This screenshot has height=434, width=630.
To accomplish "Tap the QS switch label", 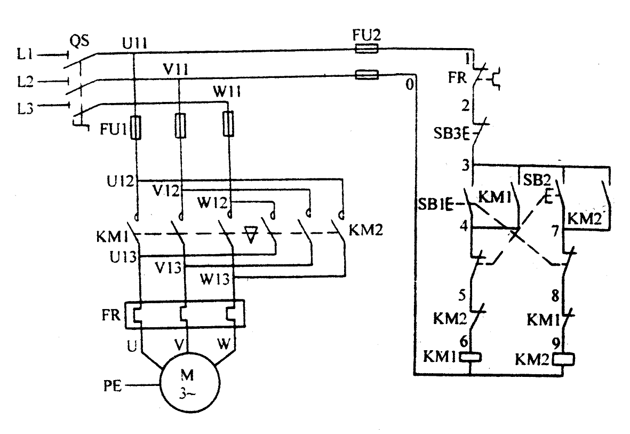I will tap(79, 41).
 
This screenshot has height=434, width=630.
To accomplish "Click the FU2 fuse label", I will tap(367, 36).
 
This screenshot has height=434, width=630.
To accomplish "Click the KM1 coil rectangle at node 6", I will tap(470, 357).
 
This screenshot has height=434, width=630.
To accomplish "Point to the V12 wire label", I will tap(166, 191).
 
